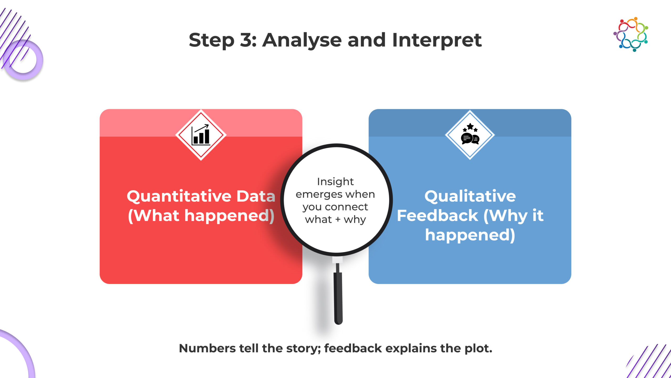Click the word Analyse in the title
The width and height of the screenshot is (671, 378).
(301, 40)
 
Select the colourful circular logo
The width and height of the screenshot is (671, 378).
(631, 34)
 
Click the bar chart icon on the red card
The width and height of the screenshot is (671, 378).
(201, 135)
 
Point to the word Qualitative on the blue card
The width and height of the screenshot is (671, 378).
(470, 196)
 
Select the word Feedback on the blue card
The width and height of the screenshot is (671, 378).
(437, 216)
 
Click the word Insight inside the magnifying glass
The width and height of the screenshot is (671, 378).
(335, 182)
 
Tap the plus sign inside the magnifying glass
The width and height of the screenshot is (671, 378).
(338, 219)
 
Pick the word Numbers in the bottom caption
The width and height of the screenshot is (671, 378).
(207, 348)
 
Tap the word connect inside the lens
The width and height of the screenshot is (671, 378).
(346, 207)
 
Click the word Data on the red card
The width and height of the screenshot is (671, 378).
(256, 196)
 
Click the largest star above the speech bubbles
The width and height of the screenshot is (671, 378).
(470, 126)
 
